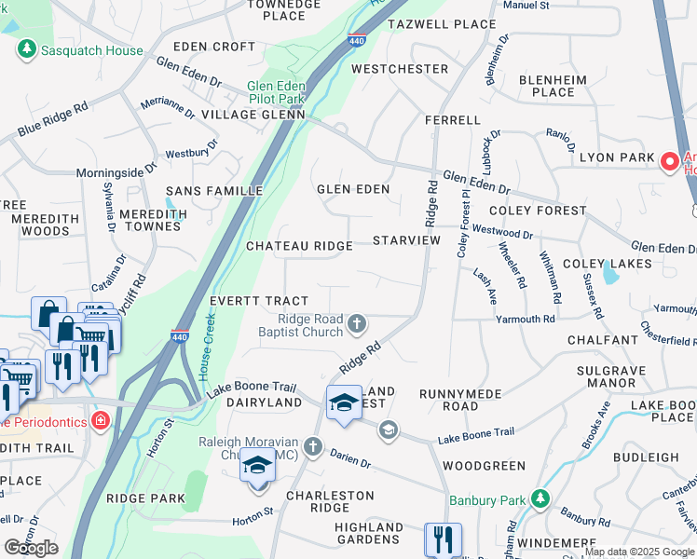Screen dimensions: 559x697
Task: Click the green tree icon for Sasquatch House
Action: (x=27, y=48)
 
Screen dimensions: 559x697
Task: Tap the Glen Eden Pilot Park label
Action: (x=276, y=92)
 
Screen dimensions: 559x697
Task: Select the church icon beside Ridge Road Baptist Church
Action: (x=356, y=324)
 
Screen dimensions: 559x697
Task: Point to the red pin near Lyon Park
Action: (x=669, y=162)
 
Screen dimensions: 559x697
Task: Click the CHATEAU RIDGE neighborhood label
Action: (x=299, y=246)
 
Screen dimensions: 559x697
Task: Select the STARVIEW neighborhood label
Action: (x=406, y=240)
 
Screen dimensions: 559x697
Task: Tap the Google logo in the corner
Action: (x=31, y=548)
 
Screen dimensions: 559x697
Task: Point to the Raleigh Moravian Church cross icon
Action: (x=312, y=446)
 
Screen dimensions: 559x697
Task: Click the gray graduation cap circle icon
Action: (x=389, y=429)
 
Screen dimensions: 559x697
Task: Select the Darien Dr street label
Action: (x=351, y=458)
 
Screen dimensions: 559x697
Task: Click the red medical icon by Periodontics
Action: (x=100, y=421)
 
